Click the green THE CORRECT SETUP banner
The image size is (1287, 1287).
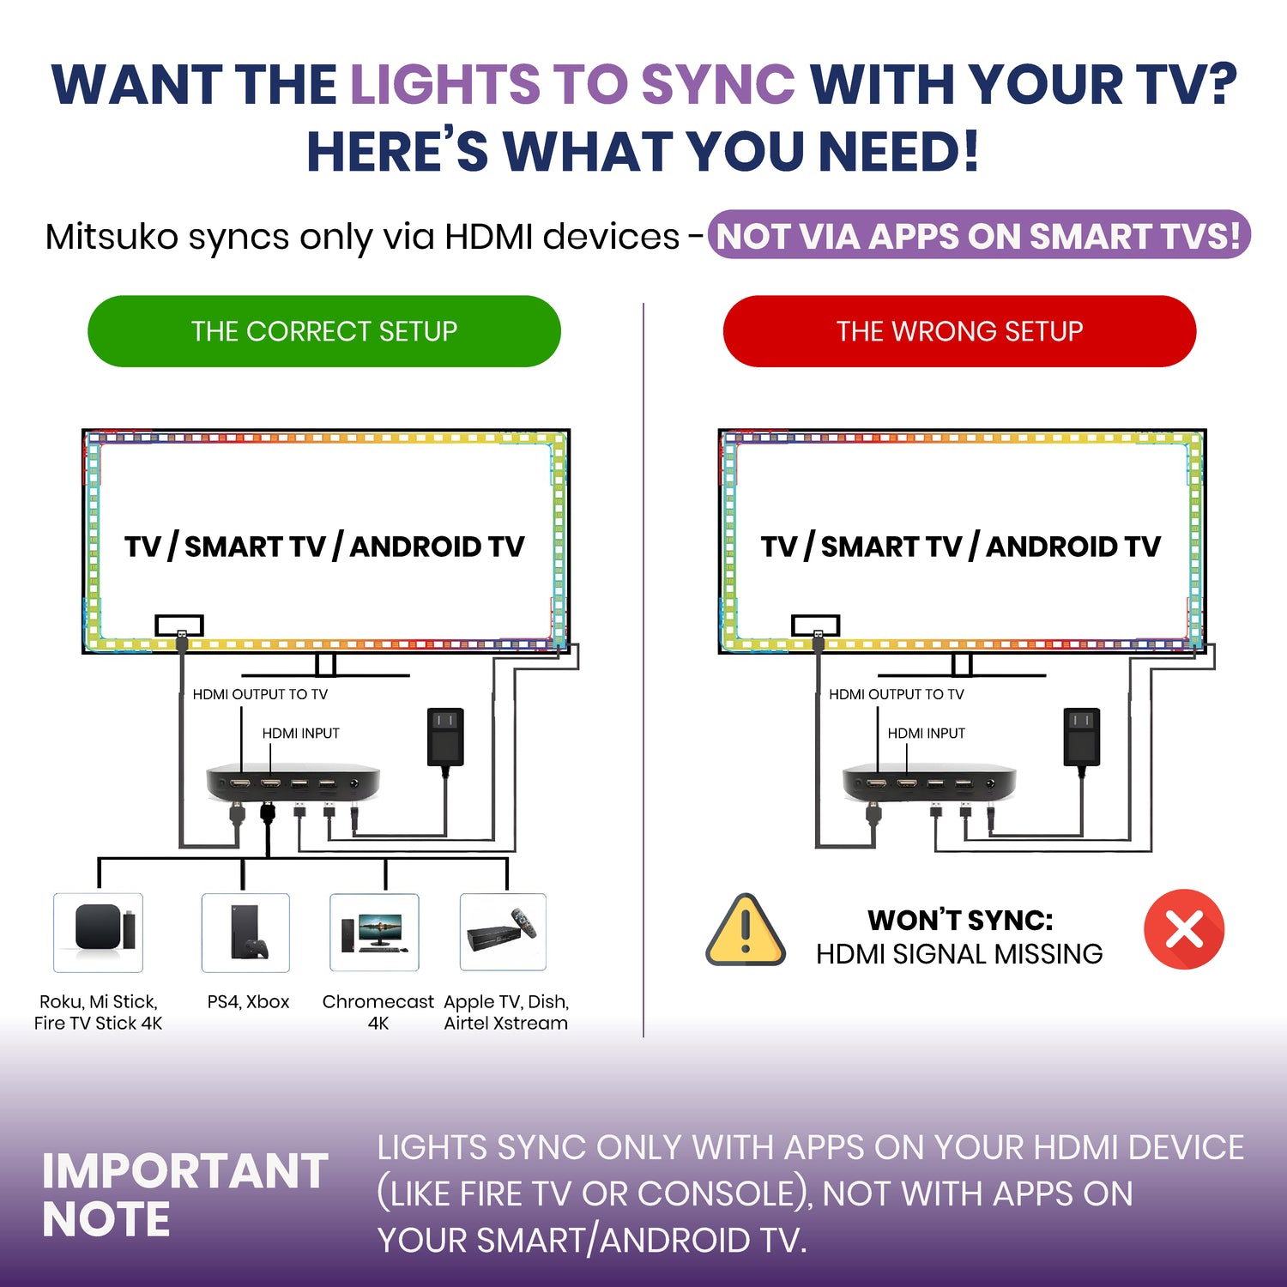click(x=324, y=331)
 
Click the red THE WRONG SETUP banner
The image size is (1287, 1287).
click(x=959, y=331)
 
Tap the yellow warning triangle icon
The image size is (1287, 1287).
click(x=745, y=931)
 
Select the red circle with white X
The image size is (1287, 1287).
click(x=1184, y=929)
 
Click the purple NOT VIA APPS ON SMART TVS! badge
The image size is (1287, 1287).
click(x=979, y=235)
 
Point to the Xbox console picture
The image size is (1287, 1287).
click(x=246, y=933)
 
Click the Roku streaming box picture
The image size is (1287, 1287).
click(x=99, y=933)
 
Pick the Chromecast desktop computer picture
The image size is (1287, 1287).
click(x=374, y=933)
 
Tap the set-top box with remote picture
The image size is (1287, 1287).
click(x=503, y=933)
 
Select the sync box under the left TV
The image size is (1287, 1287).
click(x=293, y=782)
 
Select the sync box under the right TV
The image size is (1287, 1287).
click(x=929, y=782)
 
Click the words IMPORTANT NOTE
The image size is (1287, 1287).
click(x=185, y=1194)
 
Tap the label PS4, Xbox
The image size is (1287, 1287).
click(x=248, y=1002)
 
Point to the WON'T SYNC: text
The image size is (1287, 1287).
click(x=960, y=920)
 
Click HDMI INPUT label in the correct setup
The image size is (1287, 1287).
click(x=300, y=734)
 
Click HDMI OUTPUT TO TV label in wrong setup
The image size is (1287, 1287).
click(x=897, y=694)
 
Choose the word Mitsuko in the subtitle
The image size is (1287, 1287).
click(x=112, y=236)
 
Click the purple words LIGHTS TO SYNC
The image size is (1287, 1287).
click(x=573, y=84)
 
